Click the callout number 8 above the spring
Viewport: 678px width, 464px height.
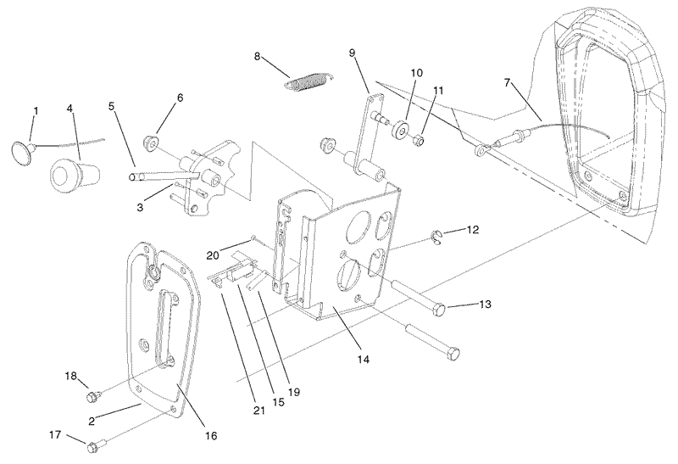click(258, 57)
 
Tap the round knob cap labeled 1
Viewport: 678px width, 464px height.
click(20, 152)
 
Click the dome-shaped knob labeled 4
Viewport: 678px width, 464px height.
click(70, 174)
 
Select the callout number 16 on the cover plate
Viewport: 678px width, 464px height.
click(210, 436)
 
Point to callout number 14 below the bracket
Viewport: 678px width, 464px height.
click(364, 360)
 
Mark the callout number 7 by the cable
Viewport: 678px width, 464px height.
click(507, 83)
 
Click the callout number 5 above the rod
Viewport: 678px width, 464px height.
click(112, 106)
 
